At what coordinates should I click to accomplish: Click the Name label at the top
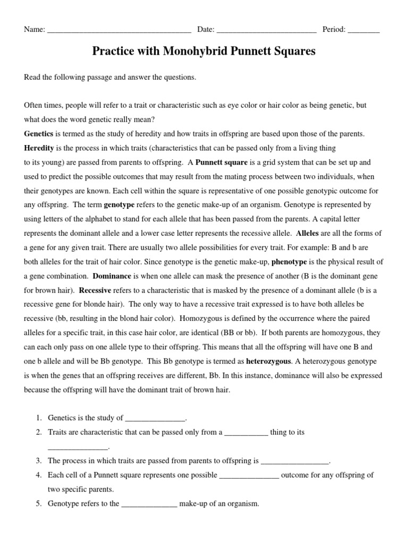(x=34, y=30)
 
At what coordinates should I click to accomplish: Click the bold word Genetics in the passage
(x=38, y=133)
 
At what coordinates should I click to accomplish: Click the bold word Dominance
(x=112, y=276)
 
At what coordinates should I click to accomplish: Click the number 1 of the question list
(x=39, y=418)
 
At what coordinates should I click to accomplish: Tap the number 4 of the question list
(x=39, y=475)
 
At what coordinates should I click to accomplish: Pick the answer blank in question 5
(x=149, y=504)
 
